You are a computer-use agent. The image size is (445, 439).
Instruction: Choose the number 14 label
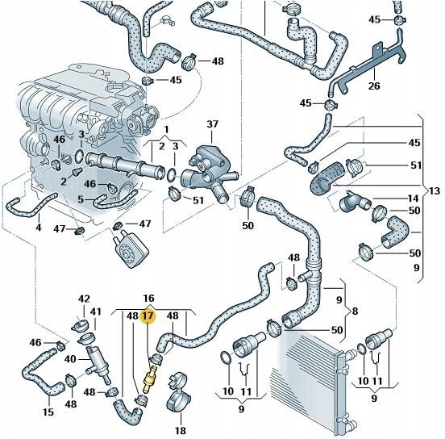413,198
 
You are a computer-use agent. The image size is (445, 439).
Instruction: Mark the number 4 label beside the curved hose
38,228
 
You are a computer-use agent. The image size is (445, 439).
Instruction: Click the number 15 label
48,412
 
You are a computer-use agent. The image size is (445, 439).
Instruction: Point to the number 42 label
84,299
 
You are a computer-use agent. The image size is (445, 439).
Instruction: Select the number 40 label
70,359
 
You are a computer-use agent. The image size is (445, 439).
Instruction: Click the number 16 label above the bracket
148,299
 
